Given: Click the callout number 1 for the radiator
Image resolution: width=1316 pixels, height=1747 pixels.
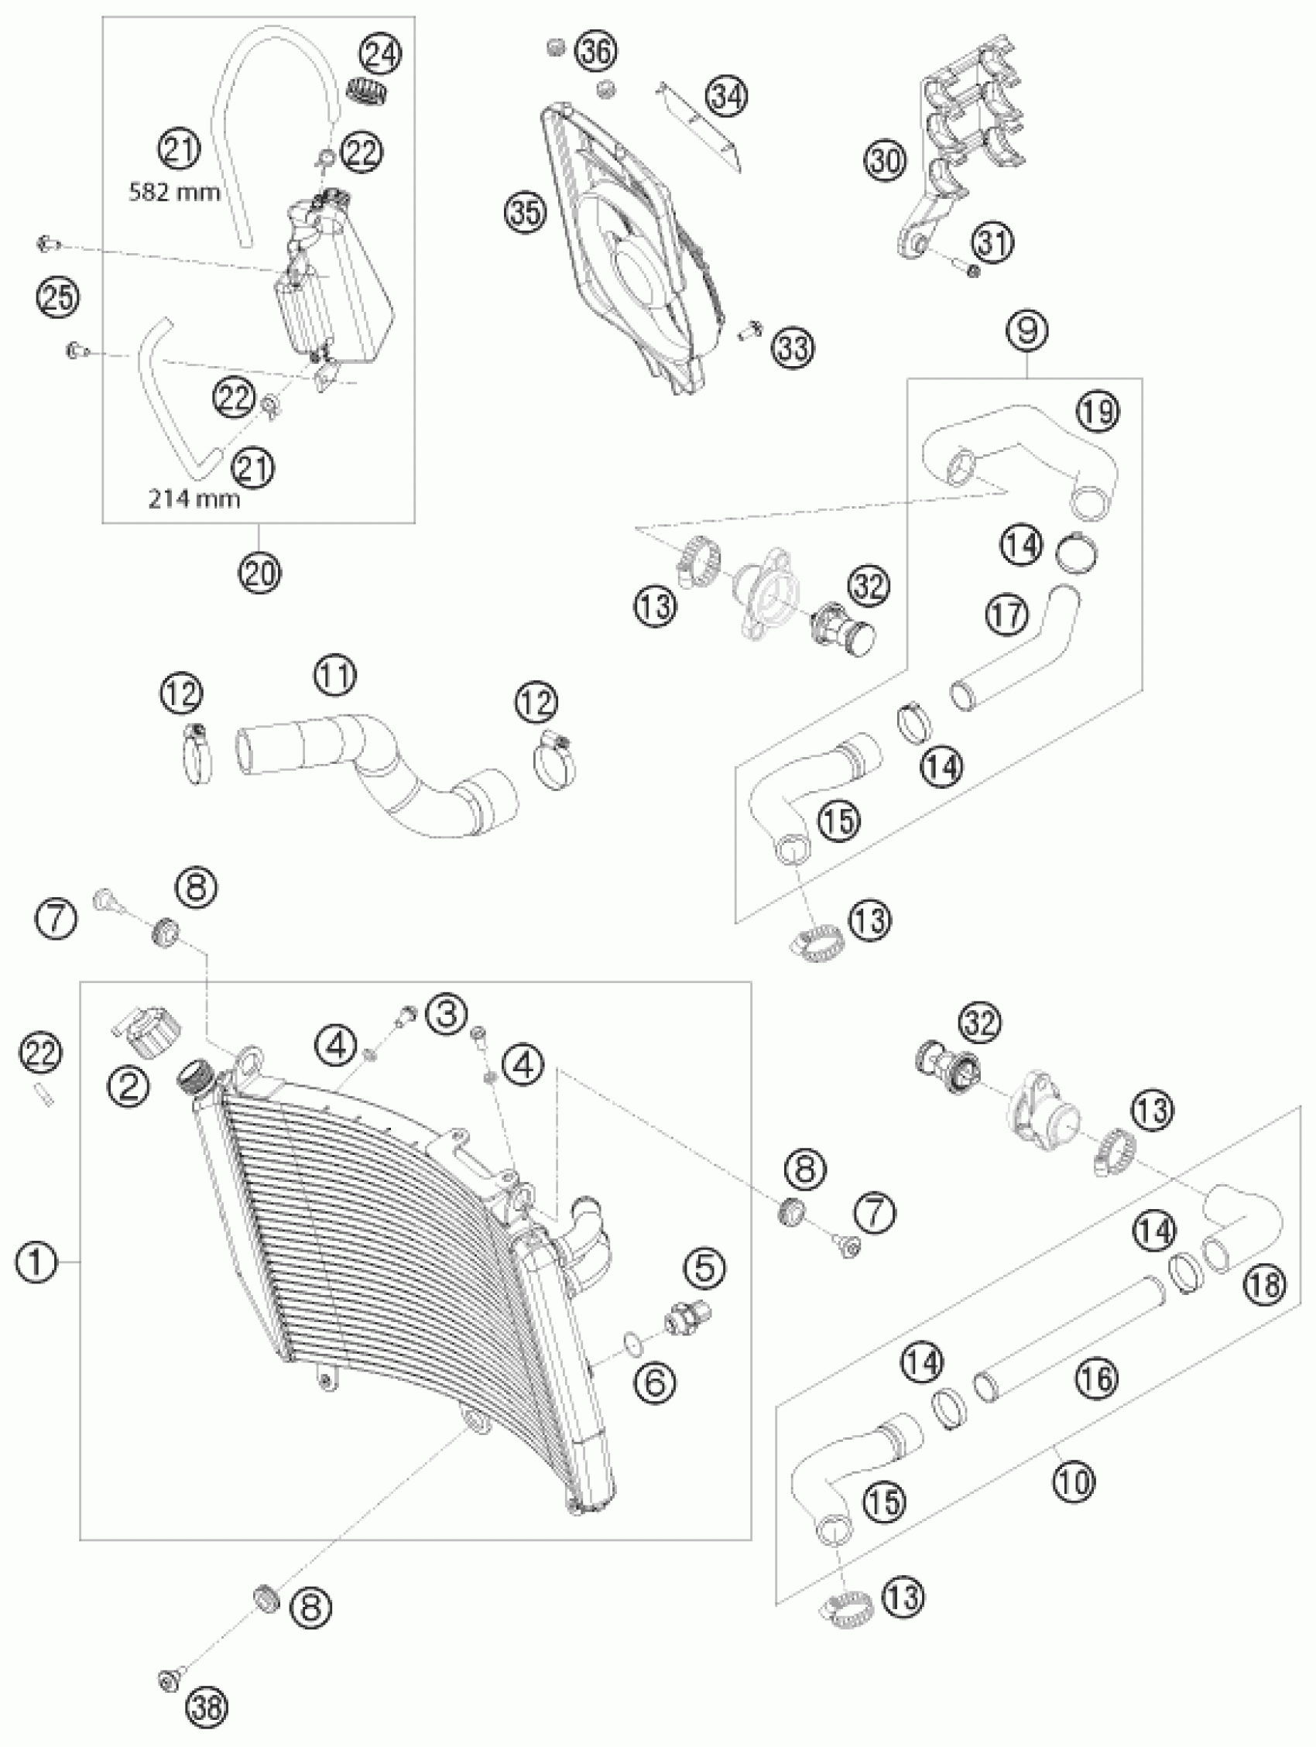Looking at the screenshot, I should tap(37, 1264).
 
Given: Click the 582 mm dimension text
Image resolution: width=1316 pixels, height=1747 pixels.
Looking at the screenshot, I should tap(175, 192).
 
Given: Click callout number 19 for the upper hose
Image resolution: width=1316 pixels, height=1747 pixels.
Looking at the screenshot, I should tap(1099, 412).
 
